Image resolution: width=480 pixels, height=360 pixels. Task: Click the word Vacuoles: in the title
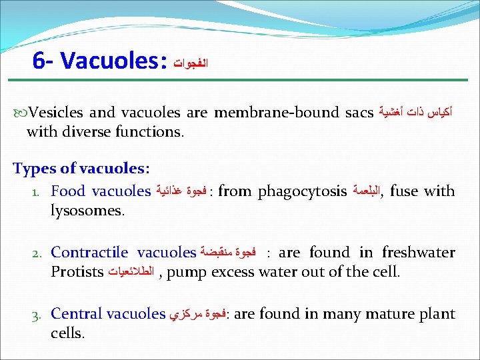(113, 61)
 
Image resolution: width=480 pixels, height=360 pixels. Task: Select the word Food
(68, 191)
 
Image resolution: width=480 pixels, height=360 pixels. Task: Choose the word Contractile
(89, 253)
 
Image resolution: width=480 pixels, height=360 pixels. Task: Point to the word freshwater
(418, 253)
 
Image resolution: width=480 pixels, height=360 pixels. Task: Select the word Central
(73, 314)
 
